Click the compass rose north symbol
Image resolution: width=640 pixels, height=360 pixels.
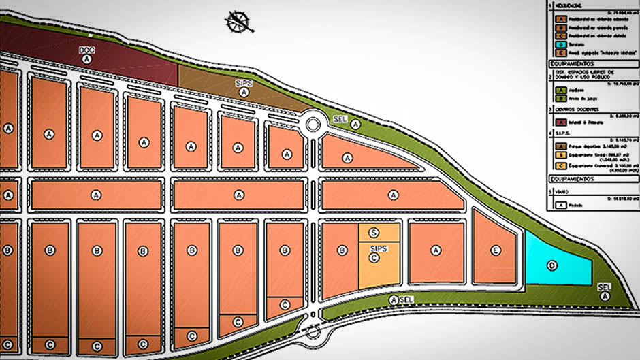coord(240,22)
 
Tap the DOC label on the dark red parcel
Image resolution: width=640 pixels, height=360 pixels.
coord(86,50)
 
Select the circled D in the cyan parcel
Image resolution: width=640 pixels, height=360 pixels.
coord(553,265)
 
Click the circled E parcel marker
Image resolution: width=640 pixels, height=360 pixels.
coord(496,250)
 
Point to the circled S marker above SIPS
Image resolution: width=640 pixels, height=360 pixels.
coord(374,232)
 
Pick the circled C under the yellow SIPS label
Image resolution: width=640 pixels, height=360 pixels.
coord(374,259)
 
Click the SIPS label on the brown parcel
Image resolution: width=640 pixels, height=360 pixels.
coord(244,83)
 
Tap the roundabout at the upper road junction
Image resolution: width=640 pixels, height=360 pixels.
coord(313,124)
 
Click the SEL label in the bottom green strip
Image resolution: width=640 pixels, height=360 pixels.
coord(406,299)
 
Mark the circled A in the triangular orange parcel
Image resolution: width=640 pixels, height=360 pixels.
coord(348,158)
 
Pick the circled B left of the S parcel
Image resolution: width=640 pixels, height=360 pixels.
coord(339,250)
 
